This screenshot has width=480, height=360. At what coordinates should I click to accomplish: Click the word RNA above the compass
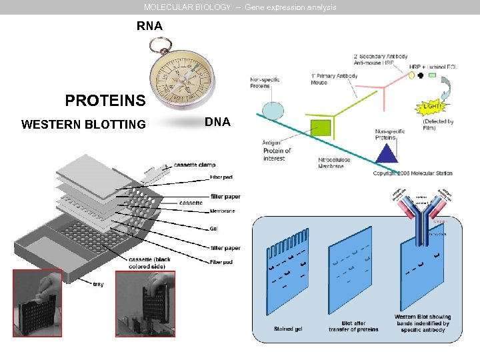click(149, 27)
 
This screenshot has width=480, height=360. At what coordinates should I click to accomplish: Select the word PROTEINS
click(105, 101)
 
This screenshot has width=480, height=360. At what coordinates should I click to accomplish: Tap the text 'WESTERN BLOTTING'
click(83, 124)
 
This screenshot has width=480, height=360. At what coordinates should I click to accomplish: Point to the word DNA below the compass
click(217, 122)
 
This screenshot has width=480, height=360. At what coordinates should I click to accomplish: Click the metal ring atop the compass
click(161, 45)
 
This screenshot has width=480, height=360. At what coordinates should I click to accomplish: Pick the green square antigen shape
click(320, 127)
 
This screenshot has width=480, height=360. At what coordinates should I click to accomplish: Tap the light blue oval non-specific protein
click(273, 110)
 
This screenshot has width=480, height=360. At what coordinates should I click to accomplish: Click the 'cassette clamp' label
click(195, 165)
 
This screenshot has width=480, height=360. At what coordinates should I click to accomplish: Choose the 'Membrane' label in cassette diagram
click(223, 211)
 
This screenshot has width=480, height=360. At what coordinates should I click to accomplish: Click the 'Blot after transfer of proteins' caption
click(353, 326)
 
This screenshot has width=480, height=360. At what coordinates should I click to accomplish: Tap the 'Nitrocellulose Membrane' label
click(334, 163)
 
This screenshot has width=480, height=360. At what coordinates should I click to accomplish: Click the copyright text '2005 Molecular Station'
click(413, 173)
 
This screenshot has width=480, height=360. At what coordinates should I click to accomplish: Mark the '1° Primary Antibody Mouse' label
click(334, 79)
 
